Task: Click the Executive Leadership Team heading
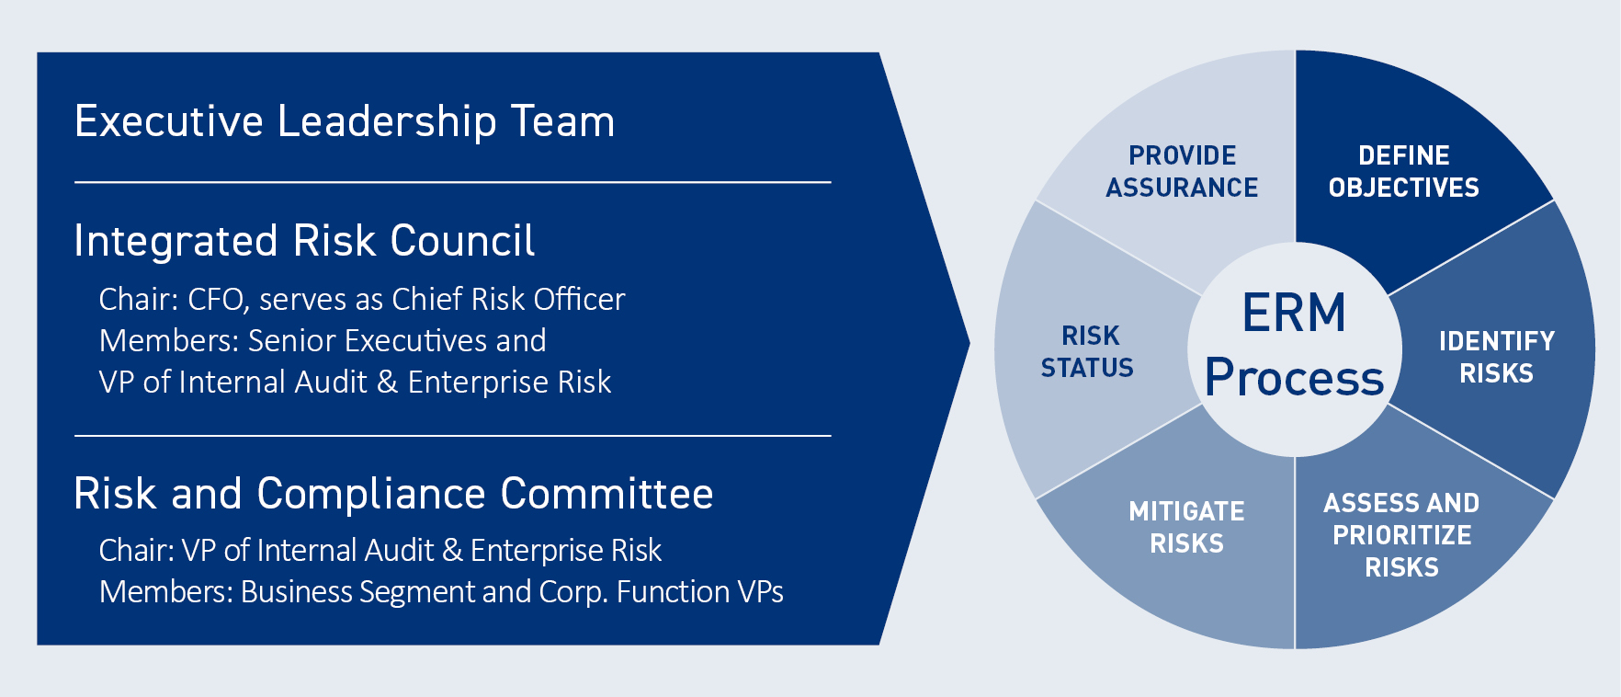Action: pos(345,121)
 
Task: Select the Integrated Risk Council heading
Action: pos(303,241)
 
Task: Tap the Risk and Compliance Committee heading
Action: pos(393,494)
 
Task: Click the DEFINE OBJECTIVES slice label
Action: pos(1403,171)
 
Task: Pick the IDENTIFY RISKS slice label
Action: pos(1496,357)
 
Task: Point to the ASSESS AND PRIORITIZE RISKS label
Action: pos(1401,535)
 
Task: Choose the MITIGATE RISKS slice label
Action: pos(1186,527)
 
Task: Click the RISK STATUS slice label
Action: pos(1089,351)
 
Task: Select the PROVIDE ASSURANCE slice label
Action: pos(1182,171)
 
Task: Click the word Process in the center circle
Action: pos(1294,378)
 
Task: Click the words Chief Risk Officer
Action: pos(508,300)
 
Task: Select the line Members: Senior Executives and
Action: pos(323,341)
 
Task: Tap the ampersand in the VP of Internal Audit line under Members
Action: pos(387,383)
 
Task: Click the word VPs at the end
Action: pos(760,592)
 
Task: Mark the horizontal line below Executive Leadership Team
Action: pos(452,183)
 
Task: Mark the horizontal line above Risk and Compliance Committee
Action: pos(452,436)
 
